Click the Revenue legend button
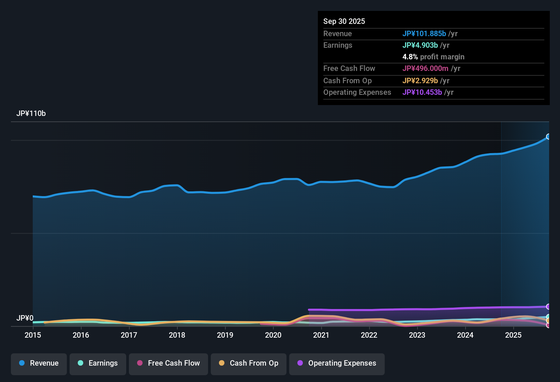[39, 363]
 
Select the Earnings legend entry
[98, 363]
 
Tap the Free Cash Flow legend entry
[168, 363]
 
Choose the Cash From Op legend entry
[249, 363]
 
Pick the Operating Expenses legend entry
[337, 363]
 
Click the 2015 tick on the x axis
[33, 335]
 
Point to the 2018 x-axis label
[177, 335]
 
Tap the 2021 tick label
[321, 335]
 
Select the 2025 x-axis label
[513, 335]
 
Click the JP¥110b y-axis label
[31, 114]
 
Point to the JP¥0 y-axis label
[25, 318]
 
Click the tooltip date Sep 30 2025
[344, 21]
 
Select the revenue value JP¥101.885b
[424, 33]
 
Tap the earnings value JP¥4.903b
[420, 45]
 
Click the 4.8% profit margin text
[433, 57]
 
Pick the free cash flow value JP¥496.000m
[425, 69]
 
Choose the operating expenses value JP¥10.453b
[422, 92]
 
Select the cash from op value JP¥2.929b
[420, 81]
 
